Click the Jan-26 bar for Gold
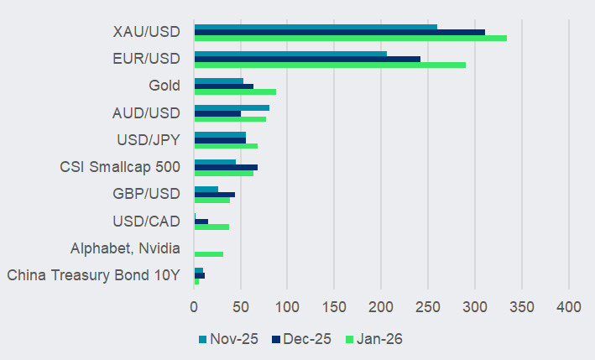(235, 91)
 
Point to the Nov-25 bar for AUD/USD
(232, 107)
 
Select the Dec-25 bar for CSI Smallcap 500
(226, 167)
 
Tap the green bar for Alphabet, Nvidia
(208, 253)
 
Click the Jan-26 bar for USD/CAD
(211, 227)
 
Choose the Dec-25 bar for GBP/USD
(214, 194)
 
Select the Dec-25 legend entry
(300, 339)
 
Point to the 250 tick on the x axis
(428, 307)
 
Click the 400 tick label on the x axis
(569, 307)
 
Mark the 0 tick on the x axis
(194, 307)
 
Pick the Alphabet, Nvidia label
(126, 248)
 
